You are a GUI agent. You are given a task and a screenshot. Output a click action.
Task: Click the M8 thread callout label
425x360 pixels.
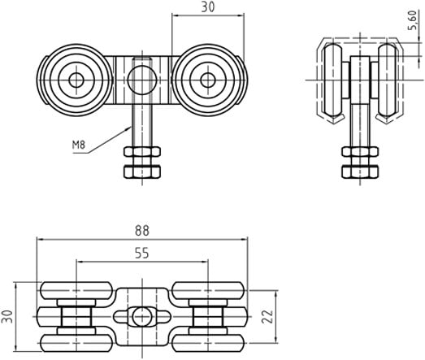coord(79,145)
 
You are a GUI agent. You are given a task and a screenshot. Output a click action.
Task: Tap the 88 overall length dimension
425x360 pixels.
coord(142,231)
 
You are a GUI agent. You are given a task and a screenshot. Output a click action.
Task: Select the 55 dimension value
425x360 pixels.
coord(142,254)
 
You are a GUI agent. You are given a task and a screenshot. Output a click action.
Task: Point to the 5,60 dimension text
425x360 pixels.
coord(412,20)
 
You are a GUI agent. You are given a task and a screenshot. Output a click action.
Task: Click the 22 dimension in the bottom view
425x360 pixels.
coord(267,316)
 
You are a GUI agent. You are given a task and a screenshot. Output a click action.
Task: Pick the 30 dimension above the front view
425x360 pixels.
coord(208,7)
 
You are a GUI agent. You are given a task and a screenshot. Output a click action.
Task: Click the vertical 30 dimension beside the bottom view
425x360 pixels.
coord(7,316)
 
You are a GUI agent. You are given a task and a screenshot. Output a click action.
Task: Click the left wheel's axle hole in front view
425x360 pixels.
coord(76,80)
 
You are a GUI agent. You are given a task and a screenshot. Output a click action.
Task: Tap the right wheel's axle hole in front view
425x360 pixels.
coord(208,80)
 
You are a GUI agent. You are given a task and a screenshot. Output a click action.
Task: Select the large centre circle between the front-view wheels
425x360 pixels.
coord(142,80)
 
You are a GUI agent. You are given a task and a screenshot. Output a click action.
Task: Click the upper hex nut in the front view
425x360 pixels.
coord(142,152)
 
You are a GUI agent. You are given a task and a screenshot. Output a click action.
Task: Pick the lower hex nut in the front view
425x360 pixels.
coord(142,171)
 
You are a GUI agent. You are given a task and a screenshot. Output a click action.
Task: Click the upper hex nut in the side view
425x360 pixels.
coord(360,152)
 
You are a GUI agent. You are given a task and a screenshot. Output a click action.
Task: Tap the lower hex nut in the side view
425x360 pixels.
coord(360,171)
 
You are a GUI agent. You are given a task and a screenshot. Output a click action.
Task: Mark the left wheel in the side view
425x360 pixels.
coord(333,80)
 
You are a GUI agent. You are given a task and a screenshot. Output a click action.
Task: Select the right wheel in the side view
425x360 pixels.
coord(388,80)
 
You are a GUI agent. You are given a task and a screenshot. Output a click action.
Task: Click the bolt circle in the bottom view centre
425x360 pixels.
coord(142,316)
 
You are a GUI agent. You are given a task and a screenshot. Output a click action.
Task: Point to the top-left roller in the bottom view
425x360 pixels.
coord(76,291)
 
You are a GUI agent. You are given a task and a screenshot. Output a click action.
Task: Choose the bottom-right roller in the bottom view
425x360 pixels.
coord(208,343)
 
